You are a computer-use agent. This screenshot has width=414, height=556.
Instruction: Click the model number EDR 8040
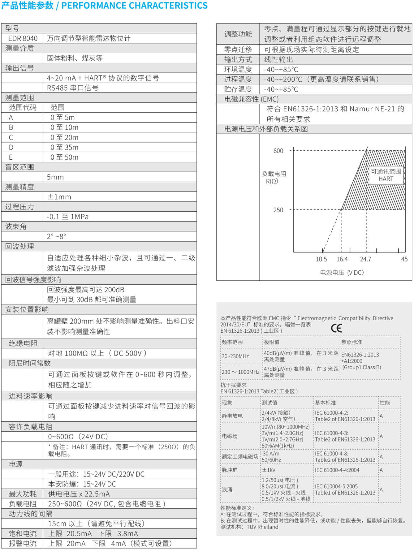tap(23, 38)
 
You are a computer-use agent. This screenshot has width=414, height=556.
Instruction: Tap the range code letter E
tap(11, 157)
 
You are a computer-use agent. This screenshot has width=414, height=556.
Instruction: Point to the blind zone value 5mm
tap(55, 177)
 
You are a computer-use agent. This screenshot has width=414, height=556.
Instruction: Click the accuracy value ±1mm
tap(59, 197)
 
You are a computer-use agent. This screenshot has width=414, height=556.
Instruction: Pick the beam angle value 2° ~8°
tap(56, 236)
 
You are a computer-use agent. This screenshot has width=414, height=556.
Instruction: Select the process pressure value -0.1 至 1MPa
tap(67, 217)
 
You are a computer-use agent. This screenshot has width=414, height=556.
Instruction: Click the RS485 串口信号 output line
tap(72, 88)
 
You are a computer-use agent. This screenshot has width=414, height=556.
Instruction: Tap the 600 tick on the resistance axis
tap(278, 151)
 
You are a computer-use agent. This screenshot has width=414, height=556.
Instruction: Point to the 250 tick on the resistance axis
tap(278, 210)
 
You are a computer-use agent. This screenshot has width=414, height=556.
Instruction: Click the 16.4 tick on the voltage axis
tap(342, 259)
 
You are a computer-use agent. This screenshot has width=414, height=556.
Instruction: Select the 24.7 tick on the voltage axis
tap(365, 259)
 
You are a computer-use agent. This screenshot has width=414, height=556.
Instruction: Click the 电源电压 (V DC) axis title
tap(342, 273)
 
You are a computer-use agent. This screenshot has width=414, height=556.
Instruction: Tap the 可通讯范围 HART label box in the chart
tap(386, 175)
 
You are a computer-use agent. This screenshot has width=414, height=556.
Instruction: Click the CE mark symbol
tap(336, 328)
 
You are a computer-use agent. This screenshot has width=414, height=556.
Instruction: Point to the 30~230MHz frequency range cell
tap(235, 356)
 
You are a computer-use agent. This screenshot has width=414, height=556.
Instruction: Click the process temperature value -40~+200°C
tap(283, 80)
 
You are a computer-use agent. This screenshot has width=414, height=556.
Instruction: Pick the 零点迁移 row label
tap(238, 50)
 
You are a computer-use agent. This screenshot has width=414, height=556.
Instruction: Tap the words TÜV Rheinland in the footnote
tap(262, 527)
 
